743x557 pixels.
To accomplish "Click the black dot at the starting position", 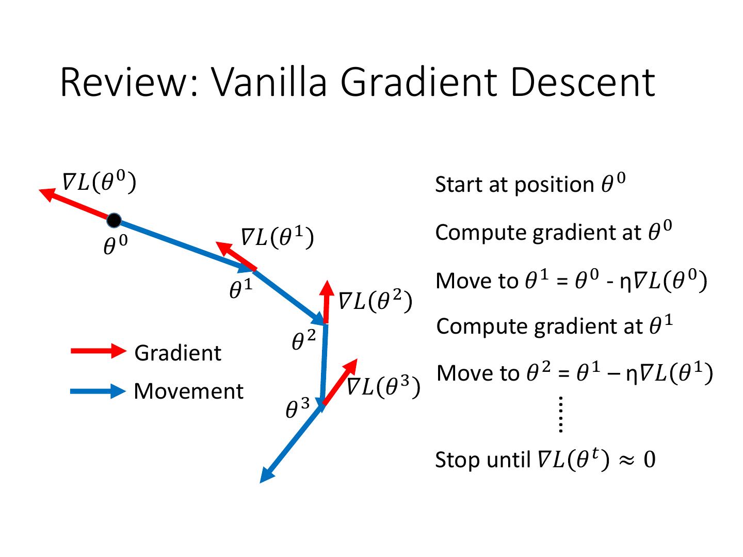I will (x=114, y=221).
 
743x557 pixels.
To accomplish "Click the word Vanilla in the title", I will (x=269, y=83).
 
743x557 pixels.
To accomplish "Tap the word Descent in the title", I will (x=583, y=83).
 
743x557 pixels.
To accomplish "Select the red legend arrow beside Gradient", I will (x=98, y=351).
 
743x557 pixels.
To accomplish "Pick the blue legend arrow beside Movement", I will (x=98, y=391).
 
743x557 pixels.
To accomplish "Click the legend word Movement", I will (x=188, y=391).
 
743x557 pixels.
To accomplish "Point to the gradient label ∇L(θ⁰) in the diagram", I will (x=99, y=182).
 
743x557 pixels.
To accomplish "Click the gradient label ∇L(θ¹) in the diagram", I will (x=278, y=238).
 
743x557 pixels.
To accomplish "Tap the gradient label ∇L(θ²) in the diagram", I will (x=376, y=301).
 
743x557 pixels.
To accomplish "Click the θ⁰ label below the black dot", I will (x=115, y=245).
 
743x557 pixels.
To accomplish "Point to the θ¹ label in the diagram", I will (x=240, y=290).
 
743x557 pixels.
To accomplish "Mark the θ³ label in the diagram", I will (x=297, y=409).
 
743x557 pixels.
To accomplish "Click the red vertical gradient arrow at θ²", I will (x=326, y=302).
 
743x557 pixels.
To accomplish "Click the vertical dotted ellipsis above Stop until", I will (x=560, y=414).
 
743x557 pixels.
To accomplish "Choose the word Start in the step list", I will (x=457, y=185).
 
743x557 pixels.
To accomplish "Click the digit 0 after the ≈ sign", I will (x=649, y=460).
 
